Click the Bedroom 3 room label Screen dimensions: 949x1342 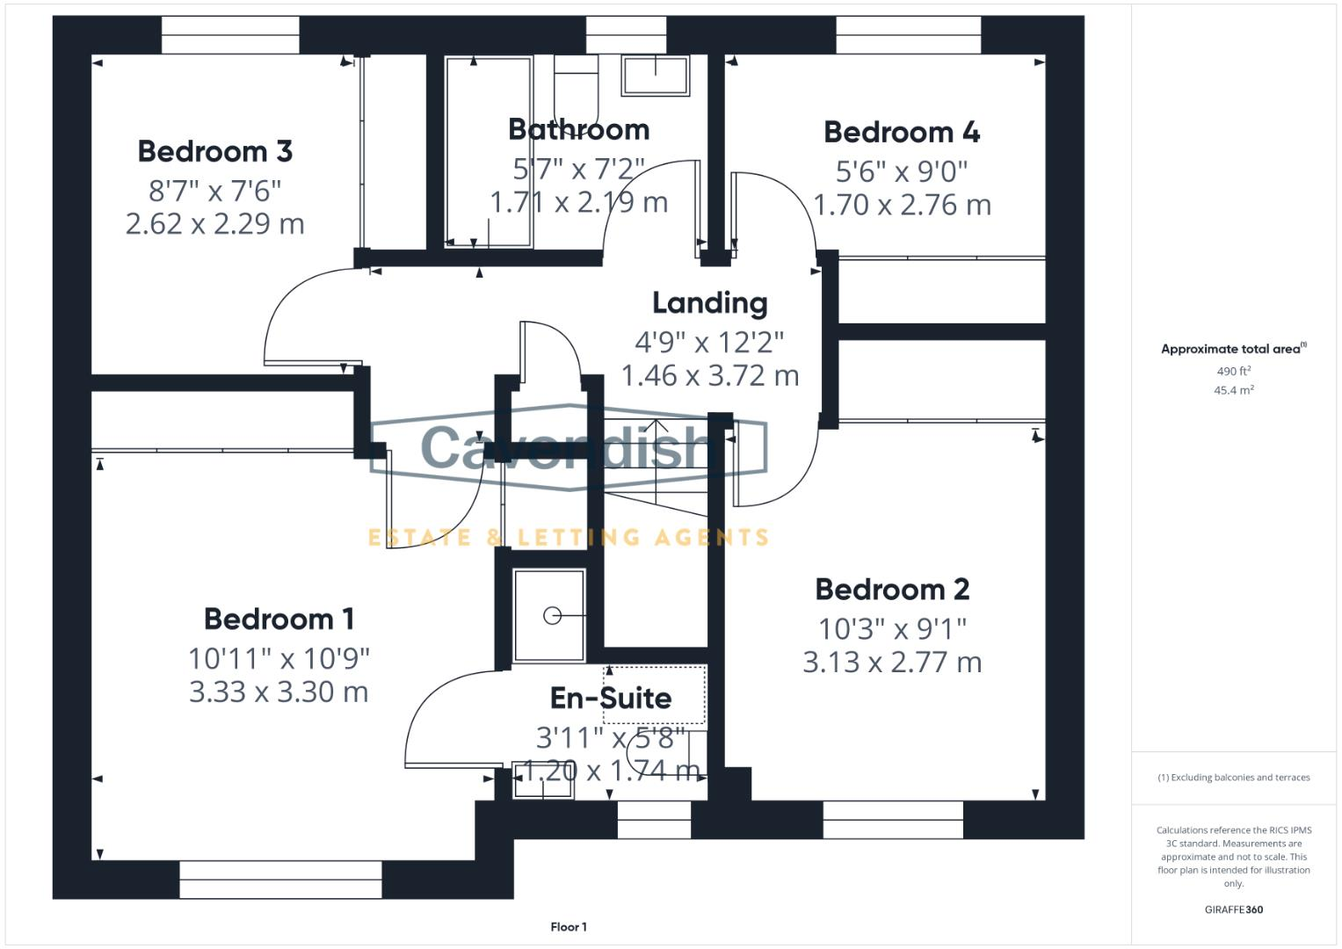click(x=214, y=151)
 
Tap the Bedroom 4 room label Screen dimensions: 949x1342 click(x=901, y=132)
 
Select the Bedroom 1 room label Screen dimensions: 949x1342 click(x=279, y=619)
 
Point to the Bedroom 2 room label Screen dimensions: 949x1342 click(x=892, y=589)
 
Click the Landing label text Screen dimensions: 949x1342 click(x=709, y=303)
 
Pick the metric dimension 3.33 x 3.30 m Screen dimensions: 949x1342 click(x=279, y=692)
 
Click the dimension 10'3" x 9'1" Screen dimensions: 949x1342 click(x=892, y=628)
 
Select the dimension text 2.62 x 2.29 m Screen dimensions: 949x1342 click(x=214, y=224)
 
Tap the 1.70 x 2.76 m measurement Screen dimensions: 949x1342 click(x=902, y=205)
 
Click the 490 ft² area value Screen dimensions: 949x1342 click(x=1233, y=371)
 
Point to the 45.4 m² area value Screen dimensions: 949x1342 click(x=1233, y=390)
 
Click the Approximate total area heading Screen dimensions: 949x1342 click(x=1232, y=349)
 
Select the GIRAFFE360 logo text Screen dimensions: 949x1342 click(x=1233, y=909)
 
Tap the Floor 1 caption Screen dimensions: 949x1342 click(x=569, y=927)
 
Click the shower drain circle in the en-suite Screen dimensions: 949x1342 click(x=552, y=616)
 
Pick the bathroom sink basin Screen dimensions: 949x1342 click(x=656, y=76)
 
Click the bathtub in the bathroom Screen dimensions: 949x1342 click(x=488, y=151)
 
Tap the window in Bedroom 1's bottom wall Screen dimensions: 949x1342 click(x=280, y=879)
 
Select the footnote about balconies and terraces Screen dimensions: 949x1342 click(x=1233, y=778)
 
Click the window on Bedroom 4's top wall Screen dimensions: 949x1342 click(x=908, y=35)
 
